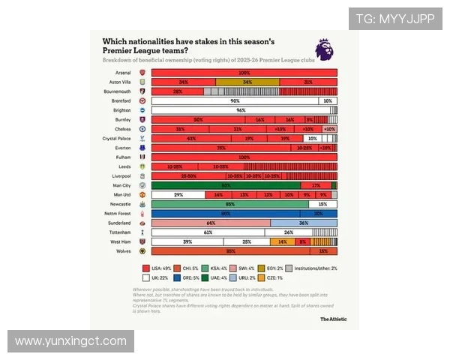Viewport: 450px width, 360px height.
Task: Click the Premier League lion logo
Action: tap(324, 49)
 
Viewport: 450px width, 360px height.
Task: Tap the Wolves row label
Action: tap(122, 251)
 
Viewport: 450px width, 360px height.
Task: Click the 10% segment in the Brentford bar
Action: tap(327, 100)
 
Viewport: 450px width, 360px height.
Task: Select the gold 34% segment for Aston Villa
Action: tap(247, 82)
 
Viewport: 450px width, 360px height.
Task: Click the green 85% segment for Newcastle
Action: tap(229, 204)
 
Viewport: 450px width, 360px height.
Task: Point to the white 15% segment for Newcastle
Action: tap(322, 204)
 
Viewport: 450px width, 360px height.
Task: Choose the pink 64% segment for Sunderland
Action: tap(211, 223)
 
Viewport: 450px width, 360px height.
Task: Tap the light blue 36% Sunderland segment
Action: tap(303, 223)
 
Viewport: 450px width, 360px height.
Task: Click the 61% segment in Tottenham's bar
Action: tap(208, 232)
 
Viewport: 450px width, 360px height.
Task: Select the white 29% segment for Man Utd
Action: tap(178, 194)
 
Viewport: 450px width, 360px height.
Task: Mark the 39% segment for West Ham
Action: tap(187, 241)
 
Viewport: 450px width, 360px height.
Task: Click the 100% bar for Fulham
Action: tap(244, 157)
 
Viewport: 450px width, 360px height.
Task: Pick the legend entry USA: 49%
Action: tap(156, 268)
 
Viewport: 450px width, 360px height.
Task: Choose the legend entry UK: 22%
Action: tap(155, 277)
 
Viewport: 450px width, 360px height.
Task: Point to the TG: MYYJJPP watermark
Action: tap(394, 19)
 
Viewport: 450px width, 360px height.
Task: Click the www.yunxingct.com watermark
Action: tap(70, 341)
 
